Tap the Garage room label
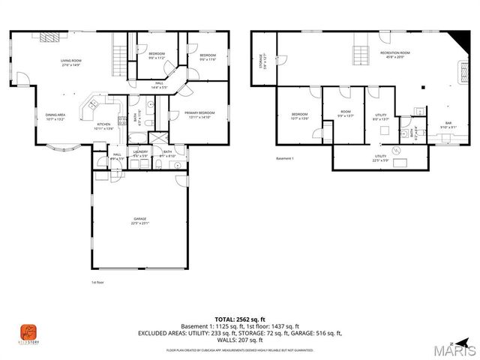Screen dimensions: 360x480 [139, 220]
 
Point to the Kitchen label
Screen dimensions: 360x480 [103, 126]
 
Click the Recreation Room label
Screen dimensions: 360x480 [395, 55]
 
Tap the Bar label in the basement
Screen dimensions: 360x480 [448, 125]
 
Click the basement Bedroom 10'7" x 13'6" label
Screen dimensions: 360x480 [299, 116]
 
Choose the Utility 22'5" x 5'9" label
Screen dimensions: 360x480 [380, 158]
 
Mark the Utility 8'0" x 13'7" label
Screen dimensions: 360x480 [380, 116]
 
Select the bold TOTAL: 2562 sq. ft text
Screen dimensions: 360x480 [239, 319]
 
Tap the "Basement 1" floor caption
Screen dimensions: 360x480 [285, 159]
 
